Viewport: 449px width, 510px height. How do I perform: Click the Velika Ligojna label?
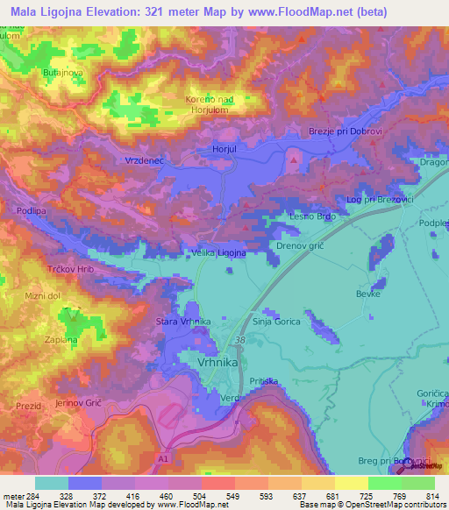[x=217, y=252]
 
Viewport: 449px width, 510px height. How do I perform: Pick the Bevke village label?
[x=367, y=294]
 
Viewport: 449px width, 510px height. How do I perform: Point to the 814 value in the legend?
[x=431, y=497]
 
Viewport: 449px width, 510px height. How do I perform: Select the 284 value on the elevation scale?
[x=34, y=497]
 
